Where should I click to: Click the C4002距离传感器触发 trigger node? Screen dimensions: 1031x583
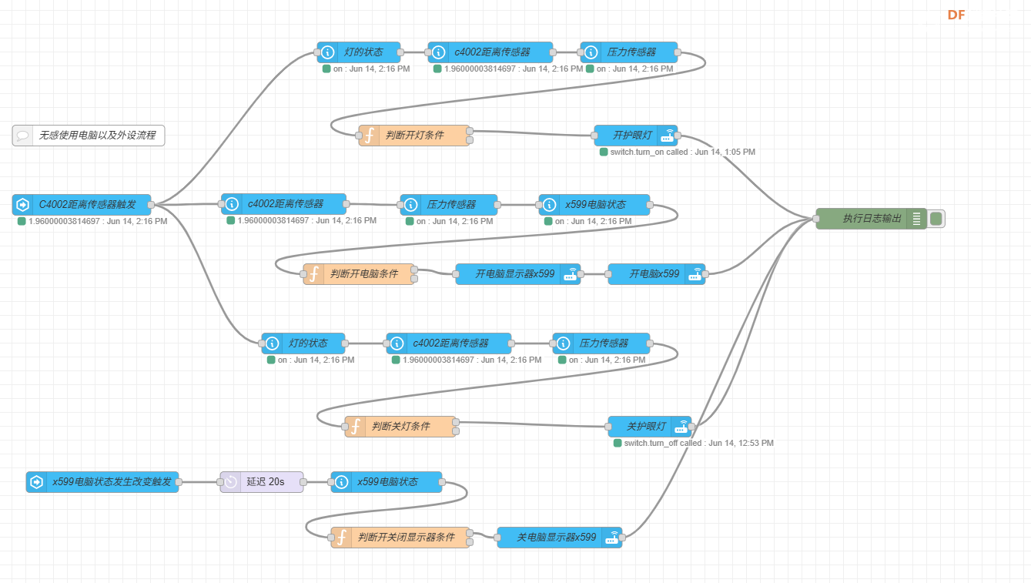[x=82, y=204]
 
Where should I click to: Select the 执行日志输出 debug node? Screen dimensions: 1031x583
[x=872, y=218]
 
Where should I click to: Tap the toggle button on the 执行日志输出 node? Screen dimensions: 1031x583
[x=936, y=218]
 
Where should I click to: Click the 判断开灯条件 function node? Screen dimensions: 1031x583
[x=414, y=136]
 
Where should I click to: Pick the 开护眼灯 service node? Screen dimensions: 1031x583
[x=636, y=136]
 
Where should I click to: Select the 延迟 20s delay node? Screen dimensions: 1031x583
[x=262, y=481]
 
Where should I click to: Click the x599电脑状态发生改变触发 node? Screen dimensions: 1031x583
[x=102, y=481]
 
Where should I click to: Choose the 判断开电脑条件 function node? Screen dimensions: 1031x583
[x=359, y=274]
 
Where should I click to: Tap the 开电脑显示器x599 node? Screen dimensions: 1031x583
[x=517, y=274]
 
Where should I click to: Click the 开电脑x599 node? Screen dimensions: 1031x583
[x=656, y=274]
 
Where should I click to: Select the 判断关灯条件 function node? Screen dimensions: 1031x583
[x=400, y=427]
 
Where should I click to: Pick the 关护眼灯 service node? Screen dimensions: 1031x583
[x=649, y=427]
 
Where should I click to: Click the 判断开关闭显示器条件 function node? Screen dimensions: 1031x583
[x=400, y=538]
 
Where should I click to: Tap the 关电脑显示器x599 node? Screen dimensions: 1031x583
[x=560, y=538]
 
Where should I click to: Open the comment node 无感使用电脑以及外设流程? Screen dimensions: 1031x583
[x=89, y=136]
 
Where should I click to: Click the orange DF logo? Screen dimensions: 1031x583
[x=956, y=15]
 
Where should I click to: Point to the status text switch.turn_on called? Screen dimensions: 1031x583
[x=648, y=152]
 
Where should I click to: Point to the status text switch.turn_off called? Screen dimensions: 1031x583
[x=663, y=443]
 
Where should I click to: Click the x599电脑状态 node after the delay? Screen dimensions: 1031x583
[x=387, y=481]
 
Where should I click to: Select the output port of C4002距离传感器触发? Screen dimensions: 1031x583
[x=151, y=205]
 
